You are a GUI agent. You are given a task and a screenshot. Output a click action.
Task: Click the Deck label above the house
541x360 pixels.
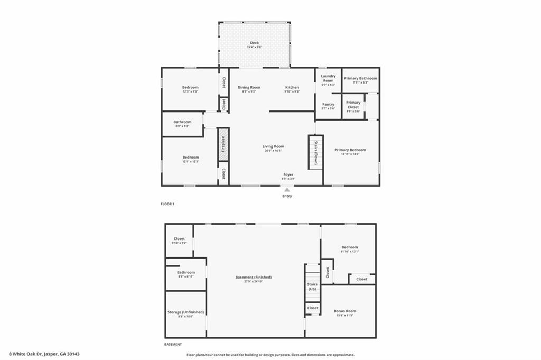tap(254, 43)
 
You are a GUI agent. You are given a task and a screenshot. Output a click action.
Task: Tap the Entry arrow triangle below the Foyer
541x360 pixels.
tap(287, 190)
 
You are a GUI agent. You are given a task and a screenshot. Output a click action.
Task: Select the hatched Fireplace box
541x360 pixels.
tap(223, 143)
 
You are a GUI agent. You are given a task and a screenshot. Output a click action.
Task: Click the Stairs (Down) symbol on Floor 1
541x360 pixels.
tap(315, 151)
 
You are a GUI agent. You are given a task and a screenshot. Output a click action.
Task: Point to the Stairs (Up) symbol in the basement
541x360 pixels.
tap(312, 286)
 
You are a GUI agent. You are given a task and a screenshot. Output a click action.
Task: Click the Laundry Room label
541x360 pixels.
tap(328, 78)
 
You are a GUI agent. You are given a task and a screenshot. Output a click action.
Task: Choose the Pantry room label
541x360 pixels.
tap(328, 105)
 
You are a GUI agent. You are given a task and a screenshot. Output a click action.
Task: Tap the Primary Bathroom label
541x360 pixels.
tap(360, 78)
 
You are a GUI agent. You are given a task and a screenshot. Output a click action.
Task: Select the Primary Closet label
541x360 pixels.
tap(353, 105)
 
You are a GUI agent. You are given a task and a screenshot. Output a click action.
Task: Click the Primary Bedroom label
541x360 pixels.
tap(350, 150)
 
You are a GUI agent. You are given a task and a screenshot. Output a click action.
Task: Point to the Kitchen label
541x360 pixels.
tap(292, 87)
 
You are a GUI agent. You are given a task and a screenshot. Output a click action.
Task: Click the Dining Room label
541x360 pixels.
tap(249, 87)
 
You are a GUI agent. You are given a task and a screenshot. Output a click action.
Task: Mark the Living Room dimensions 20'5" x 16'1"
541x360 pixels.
tap(273, 151)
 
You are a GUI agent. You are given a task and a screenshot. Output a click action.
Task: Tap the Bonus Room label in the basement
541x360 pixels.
tap(344, 311)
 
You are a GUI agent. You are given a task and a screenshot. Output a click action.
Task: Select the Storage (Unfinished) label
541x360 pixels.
tap(185, 312)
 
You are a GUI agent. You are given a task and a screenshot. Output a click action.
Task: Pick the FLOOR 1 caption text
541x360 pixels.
tap(167, 204)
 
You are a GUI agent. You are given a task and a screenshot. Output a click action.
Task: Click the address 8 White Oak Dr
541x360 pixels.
tap(44, 354)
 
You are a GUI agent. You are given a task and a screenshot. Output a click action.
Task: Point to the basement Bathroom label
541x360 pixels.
tap(185, 272)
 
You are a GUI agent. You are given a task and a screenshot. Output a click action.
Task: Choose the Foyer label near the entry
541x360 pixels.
tap(288, 174)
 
